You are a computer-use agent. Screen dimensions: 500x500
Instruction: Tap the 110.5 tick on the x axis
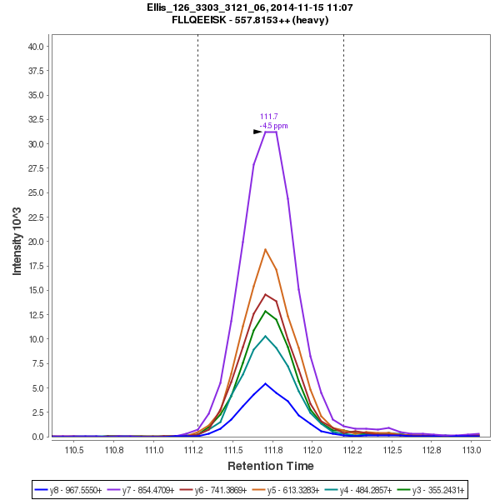click(x=75, y=450)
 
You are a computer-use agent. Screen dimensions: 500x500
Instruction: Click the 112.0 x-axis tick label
click(x=312, y=450)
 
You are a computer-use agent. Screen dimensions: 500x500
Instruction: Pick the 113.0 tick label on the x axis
click(x=472, y=450)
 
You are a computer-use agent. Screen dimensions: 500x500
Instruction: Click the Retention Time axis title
click(x=272, y=466)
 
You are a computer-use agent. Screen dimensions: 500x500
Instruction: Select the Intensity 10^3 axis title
click(x=17, y=242)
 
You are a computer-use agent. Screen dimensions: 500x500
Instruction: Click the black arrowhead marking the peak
click(x=257, y=132)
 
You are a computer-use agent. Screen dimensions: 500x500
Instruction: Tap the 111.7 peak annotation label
click(x=269, y=117)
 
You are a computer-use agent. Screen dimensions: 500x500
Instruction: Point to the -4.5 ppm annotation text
click(x=273, y=126)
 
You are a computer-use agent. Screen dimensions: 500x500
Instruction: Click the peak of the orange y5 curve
click(x=265, y=249)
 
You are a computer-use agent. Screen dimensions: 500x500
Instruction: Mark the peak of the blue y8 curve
click(x=265, y=383)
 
